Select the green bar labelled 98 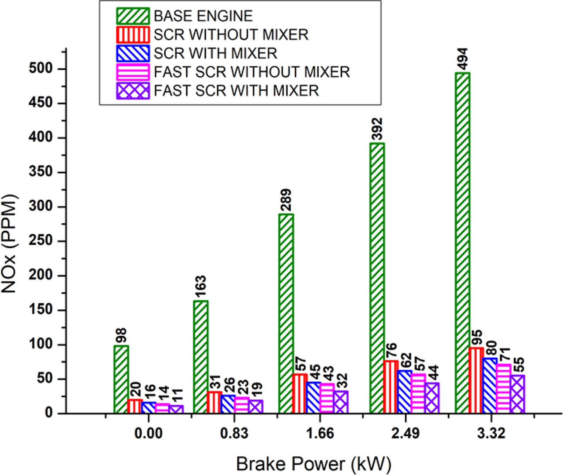121,379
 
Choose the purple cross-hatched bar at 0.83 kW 256,407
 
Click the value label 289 286,200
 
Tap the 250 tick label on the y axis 42,241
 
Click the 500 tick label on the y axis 42,69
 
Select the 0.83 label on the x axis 235,434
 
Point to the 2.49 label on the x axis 406,434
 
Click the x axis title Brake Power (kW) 314,464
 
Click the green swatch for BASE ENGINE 133,16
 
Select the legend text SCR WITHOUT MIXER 231,34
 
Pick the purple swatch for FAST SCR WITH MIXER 133,90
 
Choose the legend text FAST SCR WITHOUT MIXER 252,72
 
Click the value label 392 377,130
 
